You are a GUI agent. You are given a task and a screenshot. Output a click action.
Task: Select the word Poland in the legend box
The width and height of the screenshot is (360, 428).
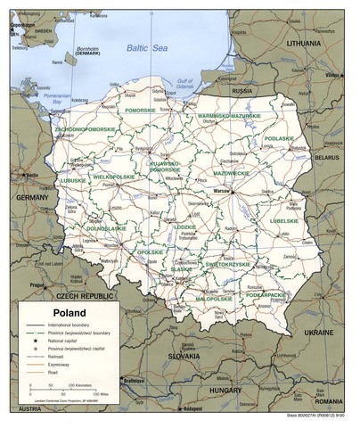[x=70, y=313]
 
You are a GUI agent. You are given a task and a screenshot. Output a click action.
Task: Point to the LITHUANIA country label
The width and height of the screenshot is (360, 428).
[x=303, y=43]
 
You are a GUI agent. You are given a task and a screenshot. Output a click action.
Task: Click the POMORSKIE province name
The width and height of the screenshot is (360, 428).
[x=141, y=111]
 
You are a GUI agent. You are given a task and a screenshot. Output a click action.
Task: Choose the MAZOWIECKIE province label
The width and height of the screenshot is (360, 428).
[x=231, y=173]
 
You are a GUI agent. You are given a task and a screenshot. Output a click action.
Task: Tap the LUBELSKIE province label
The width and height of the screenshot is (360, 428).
[x=283, y=219]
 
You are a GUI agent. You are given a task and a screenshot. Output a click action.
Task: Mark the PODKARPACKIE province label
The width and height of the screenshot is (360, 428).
[x=266, y=293]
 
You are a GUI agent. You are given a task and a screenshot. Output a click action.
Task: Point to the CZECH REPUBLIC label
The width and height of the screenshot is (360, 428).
[x=85, y=295]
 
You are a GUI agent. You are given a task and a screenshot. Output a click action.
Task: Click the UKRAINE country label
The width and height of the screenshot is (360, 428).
[x=327, y=331]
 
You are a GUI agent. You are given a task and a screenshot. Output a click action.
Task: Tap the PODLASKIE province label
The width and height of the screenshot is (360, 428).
[x=279, y=139]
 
